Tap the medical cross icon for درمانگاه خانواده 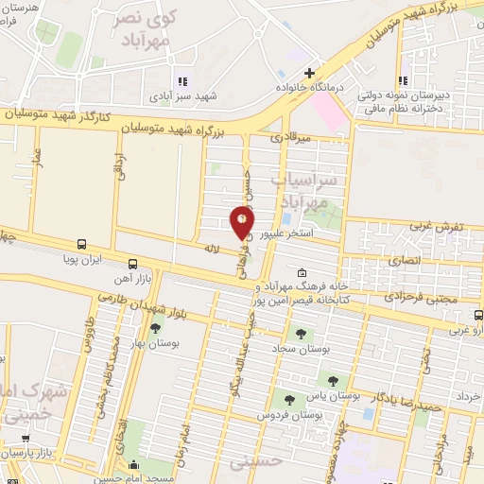pos(309,73)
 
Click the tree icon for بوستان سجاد pos(302,334)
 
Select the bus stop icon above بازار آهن pos(132,264)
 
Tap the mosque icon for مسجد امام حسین pos(133,465)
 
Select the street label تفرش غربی pos(438,228)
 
